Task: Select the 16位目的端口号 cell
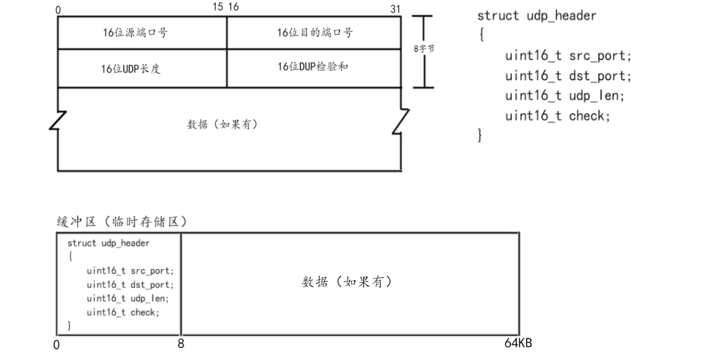315,32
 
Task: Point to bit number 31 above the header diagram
395,9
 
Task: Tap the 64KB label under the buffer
518,344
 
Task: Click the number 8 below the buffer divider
181,344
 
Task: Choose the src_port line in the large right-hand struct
568,56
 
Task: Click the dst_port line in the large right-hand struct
568,75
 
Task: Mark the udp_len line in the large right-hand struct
564,96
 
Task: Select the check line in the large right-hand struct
558,116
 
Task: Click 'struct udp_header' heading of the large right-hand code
537,16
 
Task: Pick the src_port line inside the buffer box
131,271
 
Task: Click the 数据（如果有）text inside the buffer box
347,282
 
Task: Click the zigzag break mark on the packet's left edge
58,121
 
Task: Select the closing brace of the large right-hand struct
480,136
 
